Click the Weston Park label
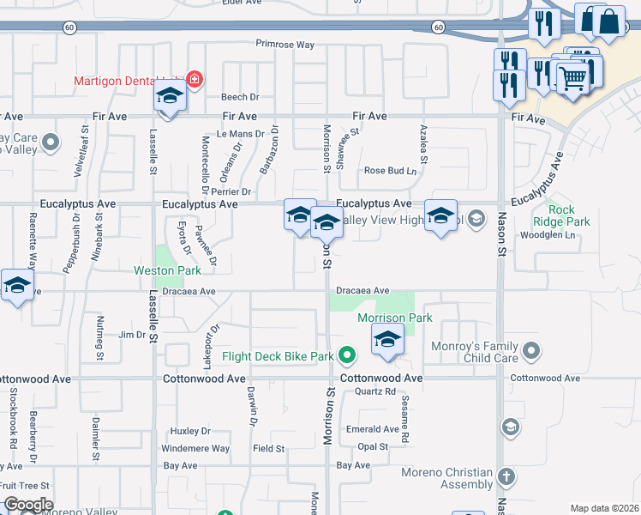168,270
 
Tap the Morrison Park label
395,318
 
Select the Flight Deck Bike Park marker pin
347,354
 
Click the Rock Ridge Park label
569,215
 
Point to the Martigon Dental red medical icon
195,80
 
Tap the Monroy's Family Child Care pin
532,350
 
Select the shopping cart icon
572,80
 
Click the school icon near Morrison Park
387,341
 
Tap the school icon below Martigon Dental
170,99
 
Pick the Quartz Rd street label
375,391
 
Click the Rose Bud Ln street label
390,170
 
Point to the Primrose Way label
285,44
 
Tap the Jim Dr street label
132,334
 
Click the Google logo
28,505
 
